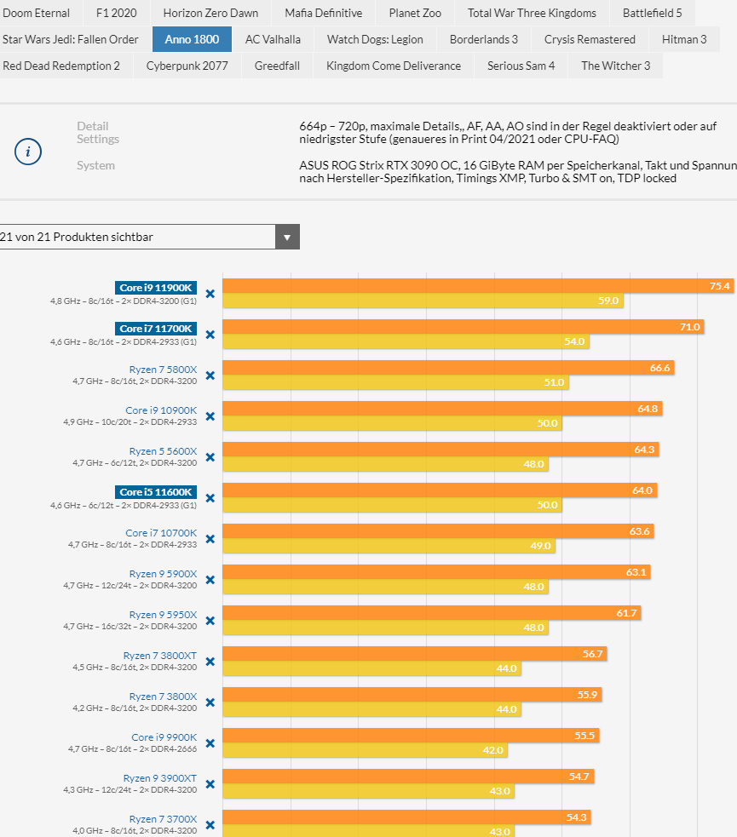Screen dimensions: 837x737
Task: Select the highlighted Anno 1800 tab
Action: pos(192,39)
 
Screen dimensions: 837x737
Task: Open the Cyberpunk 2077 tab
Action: pos(187,66)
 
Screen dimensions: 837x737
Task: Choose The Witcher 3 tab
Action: pos(615,66)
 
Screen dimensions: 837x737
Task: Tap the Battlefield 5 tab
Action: pos(652,13)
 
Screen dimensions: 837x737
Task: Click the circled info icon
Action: pos(28,152)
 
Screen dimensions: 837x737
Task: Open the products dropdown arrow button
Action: pos(287,237)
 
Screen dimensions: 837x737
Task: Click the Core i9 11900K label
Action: pos(156,288)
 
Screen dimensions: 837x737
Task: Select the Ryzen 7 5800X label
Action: pos(163,370)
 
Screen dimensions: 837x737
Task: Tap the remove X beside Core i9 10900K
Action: pos(210,416)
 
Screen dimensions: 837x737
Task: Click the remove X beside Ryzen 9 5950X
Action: pos(210,621)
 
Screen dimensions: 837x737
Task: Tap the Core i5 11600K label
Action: pos(156,492)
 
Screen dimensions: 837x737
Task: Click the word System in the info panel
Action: pos(95,165)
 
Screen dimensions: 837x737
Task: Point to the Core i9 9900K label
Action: pos(164,737)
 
